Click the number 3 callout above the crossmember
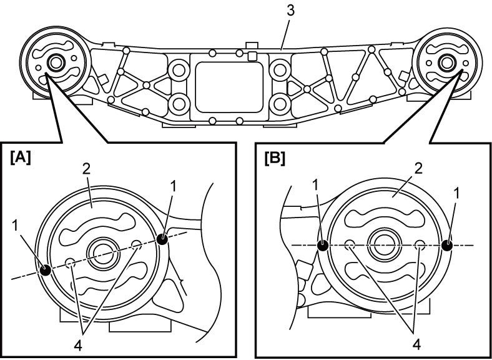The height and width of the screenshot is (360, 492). coord(291,11)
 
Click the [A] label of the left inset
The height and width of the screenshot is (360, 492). coord(21,157)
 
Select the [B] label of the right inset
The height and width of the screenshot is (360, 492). coord(275,159)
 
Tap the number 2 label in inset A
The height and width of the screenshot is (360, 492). coord(86,170)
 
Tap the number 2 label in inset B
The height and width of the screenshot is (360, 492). coord(418,169)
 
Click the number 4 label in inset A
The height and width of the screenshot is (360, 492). coord(78,346)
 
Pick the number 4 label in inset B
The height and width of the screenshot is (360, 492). coord(416,345)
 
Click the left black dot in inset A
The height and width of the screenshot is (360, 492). coord(46,269)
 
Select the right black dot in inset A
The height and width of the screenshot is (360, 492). coord(162,239)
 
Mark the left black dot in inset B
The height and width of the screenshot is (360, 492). coord(323,245)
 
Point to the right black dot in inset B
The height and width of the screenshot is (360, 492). coord(447,245)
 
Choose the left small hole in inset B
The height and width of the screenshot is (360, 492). coord(350,245)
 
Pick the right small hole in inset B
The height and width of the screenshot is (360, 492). coord(420,245)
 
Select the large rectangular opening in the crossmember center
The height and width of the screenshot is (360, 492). coord(229,87)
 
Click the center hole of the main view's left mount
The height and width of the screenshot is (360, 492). coord(56,63)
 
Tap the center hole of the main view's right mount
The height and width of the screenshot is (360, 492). coord(446,62)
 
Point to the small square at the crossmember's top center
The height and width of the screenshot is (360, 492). coord(252,56)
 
